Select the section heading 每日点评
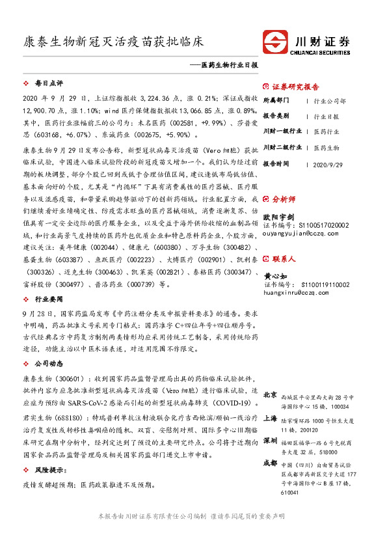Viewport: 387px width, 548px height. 48,84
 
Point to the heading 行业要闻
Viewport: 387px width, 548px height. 48,281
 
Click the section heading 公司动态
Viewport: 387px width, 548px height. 48,346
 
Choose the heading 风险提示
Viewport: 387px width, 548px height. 49,469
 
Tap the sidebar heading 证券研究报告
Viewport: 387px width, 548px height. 295,87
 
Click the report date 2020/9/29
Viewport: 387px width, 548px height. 328,163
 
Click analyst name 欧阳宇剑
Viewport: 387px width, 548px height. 278,215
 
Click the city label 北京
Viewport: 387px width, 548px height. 270,394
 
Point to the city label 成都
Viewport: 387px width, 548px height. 270,463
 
